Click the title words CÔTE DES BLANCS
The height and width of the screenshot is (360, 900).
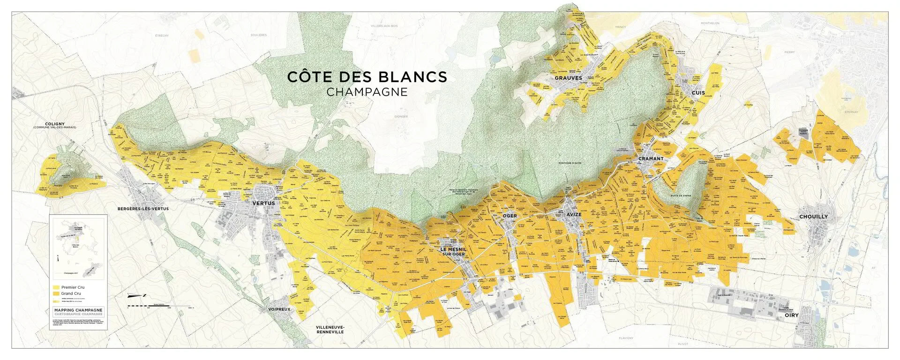367,76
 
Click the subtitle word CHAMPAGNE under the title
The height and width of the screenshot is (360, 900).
367,92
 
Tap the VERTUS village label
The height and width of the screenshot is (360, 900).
263,203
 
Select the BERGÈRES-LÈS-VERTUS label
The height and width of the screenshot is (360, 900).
143,209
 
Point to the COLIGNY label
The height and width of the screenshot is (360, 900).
55,124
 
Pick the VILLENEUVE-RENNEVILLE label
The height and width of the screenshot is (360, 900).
330,329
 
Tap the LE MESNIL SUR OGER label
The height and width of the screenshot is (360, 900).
452,252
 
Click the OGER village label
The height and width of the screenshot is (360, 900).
510,216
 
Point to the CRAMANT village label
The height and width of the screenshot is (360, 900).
651,158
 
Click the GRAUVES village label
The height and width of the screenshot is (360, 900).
568,78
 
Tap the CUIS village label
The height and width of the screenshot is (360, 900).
698,93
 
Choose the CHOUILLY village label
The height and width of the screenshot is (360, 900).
813,217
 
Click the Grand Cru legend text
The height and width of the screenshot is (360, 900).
71,293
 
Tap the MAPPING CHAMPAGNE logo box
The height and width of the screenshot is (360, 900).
78,312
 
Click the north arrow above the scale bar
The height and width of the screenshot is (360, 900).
138,295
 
